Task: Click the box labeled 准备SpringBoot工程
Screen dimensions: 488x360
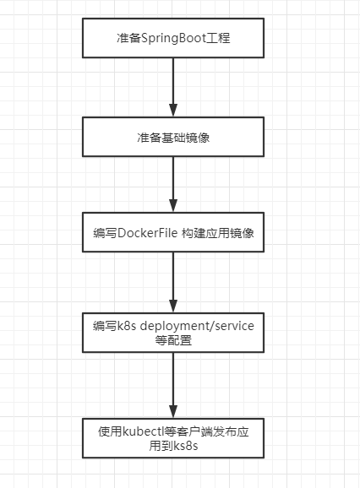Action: point(172,40)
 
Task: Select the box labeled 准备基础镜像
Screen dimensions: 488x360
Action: point(172,137)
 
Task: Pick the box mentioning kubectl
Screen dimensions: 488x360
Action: point(172,437)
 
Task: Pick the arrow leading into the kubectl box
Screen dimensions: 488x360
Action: point(172,384)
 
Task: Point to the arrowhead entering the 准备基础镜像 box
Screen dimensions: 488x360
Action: point(172,111)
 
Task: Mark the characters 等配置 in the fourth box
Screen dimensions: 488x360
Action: point(172,340)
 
